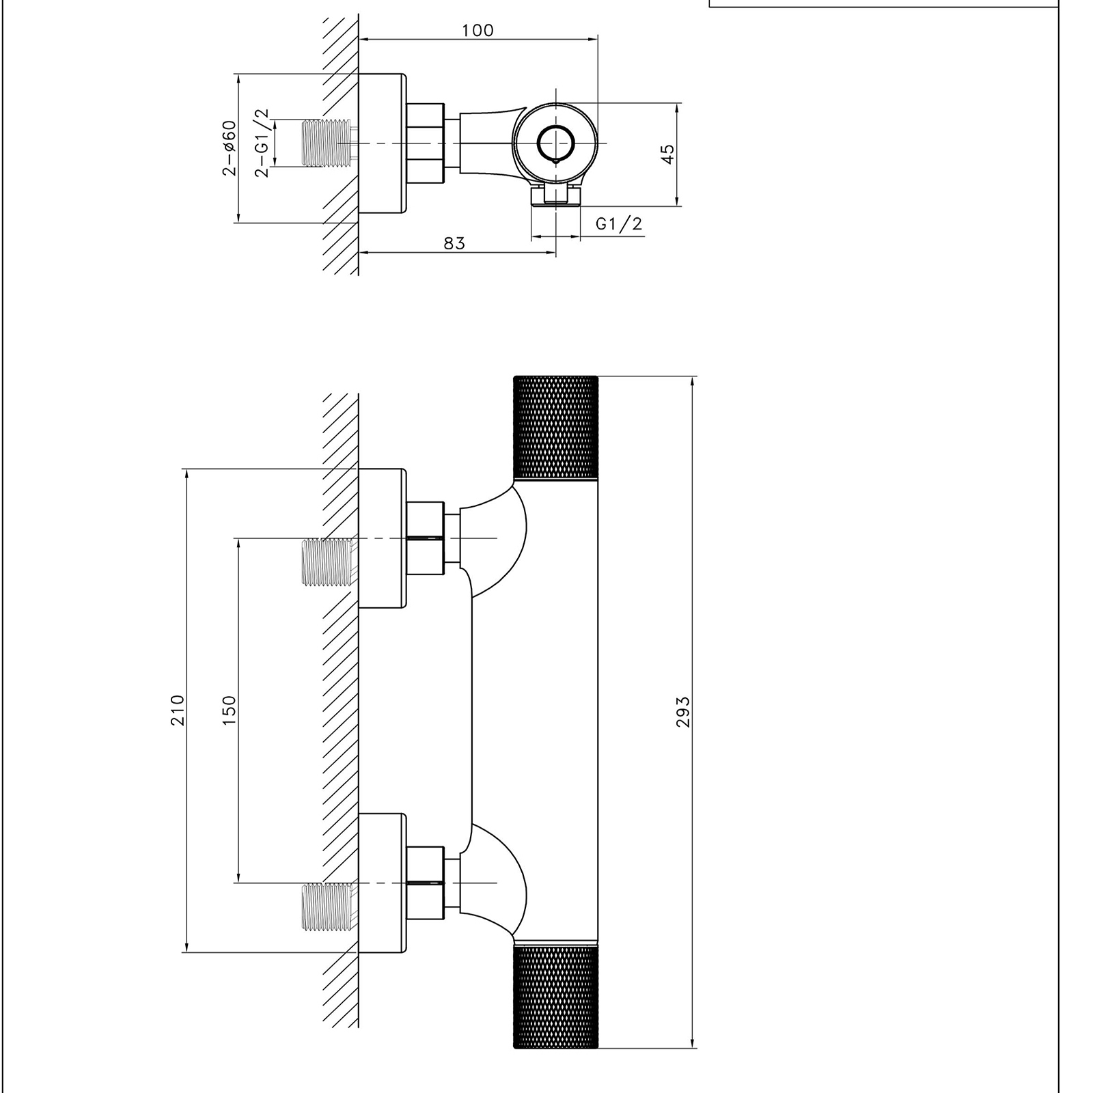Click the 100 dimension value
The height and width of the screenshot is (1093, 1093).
(x=478, y=30)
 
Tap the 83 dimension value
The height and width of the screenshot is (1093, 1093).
(x=454, y=243)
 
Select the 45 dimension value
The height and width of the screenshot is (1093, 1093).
(x=668, y=154)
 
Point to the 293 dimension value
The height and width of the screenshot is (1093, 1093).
(x=683, y=712)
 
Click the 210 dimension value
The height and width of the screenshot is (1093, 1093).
(x=178, y=710)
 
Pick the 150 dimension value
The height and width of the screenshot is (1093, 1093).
(x=229, y=710)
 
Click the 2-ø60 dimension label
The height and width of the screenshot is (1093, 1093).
(x=229, y=148)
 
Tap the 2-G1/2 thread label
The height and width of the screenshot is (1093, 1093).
(x=262, y=143)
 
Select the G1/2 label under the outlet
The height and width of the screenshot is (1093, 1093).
(x=619, y=223)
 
